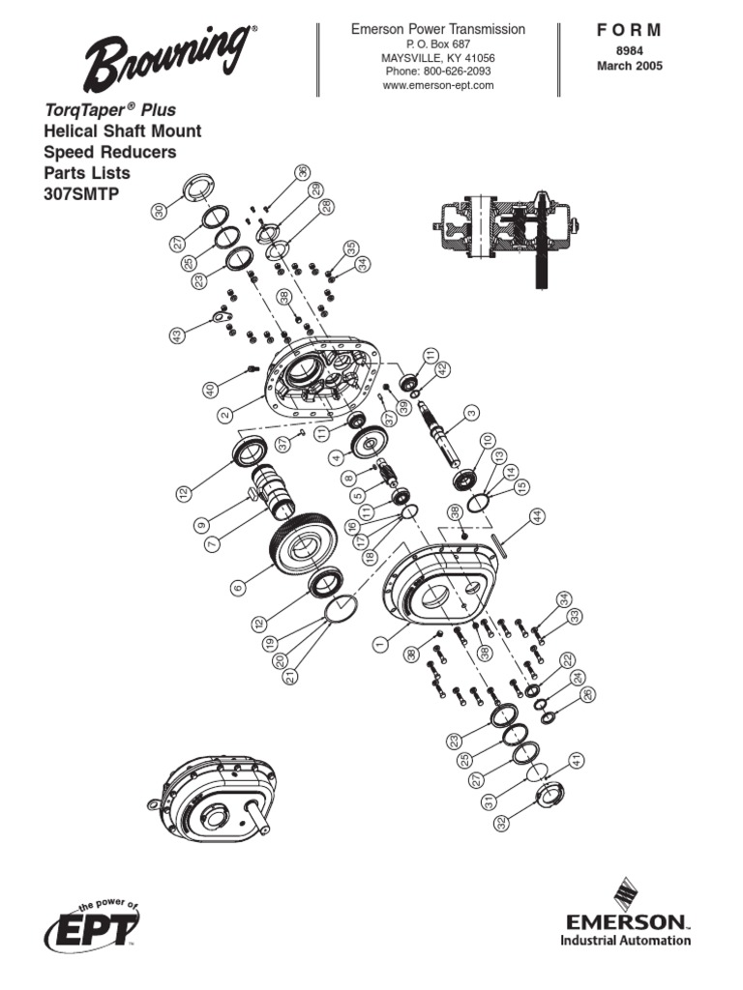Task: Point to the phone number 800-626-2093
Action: pyautogui.click(x=438, y=72)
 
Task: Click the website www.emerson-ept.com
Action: pyautogui.click(x=438, y=85)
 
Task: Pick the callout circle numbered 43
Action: pyautogui.click(x=177, y=335)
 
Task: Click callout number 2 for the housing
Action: pyautogui.click(x=223, y=414)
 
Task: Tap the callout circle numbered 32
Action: pyautogui.click(x=502, y=823)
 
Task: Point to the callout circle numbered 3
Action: pyautogui.click(x=471, y=413)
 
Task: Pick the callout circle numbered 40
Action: pyautogui.click(x=208, y=390)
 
